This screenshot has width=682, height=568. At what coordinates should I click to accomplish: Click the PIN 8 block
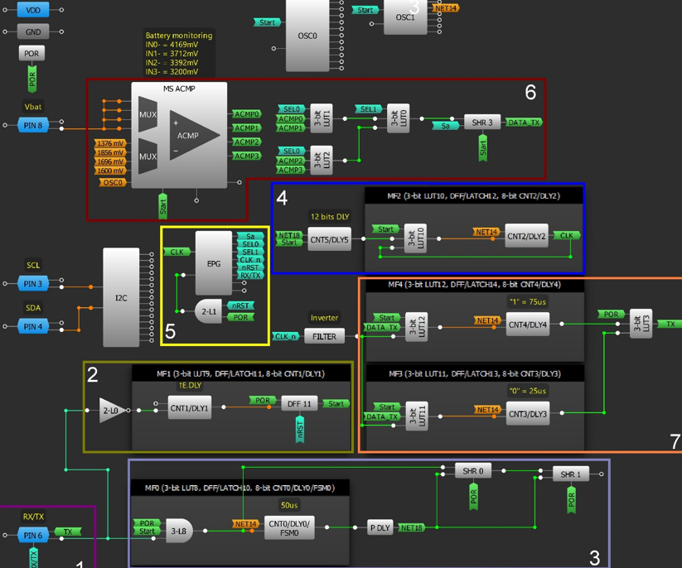[x=32, y=125]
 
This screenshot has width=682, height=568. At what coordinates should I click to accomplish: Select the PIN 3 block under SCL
[x=32, y=284]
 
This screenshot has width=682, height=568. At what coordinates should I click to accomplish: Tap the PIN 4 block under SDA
[x=32, y=326]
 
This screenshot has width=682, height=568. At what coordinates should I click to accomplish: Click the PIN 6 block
[x=32, y=535]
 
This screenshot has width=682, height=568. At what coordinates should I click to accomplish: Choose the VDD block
[x=32, y=10]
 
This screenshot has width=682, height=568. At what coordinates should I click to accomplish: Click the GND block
[x=32, y=31]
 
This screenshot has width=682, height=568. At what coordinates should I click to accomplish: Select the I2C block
[x=121, y=297]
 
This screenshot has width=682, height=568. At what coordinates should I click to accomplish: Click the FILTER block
[x=324, y=336]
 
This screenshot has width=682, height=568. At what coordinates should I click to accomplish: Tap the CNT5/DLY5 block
[x=329, y=240]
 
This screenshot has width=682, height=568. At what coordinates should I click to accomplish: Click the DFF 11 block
[x=299, y=403]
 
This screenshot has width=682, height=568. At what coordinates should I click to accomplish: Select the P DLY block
[x=380, y=527]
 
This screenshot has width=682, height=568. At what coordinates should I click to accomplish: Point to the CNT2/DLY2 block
[x=528, y=236]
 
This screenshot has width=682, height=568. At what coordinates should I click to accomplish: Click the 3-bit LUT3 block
[x=640, y=324]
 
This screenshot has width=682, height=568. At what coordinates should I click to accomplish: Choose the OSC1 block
[x=405, y=17]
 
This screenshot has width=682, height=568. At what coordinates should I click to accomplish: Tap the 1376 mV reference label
[x=110, y=143]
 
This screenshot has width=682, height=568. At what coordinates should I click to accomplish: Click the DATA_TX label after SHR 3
[x=524, y=123]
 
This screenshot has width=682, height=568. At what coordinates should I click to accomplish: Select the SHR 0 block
[x=473, y=471]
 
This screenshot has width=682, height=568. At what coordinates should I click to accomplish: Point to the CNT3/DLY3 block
[x=528, y=414]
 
